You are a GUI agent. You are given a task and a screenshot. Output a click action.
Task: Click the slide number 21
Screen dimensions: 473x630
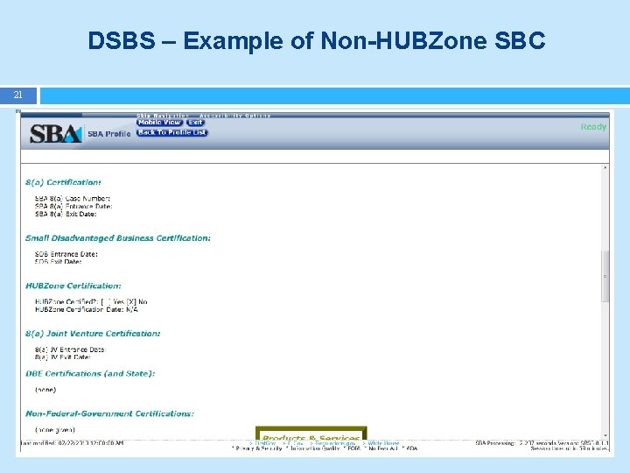coord(17,95)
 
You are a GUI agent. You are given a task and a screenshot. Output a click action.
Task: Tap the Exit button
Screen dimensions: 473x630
coord(195,123)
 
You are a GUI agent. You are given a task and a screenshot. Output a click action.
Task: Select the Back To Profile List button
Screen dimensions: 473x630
coord(172,132)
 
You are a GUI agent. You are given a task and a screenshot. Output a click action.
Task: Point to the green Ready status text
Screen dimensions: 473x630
coord(593,127)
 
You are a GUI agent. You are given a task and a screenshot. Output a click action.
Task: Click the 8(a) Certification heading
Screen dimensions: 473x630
coord(63,182)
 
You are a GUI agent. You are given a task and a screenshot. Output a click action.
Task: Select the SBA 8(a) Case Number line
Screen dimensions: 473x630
coord(73,199)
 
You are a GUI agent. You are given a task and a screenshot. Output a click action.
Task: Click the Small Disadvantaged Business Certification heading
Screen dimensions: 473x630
coord(118,237)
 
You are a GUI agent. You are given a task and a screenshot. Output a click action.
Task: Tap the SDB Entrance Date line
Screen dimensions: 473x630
coord(66,254)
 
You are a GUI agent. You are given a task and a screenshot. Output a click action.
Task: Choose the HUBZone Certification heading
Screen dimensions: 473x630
coord(73,286)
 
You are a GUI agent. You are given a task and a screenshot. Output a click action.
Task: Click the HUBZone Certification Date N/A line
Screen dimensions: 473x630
coord(87,310)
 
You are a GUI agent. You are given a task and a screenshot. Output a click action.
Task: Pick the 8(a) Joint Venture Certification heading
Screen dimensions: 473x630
coord(93,334)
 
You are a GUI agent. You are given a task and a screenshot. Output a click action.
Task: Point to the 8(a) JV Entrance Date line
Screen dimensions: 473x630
coord(70,349)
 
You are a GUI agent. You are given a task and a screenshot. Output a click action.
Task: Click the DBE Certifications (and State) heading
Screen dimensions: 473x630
coord(90,373)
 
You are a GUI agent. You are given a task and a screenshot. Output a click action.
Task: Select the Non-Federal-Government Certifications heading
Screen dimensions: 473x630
coord(109,413)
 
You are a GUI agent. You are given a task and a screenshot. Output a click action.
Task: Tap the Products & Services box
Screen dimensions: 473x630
coord(311,436)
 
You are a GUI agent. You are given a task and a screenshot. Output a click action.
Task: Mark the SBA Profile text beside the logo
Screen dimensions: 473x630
coord(108,134)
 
